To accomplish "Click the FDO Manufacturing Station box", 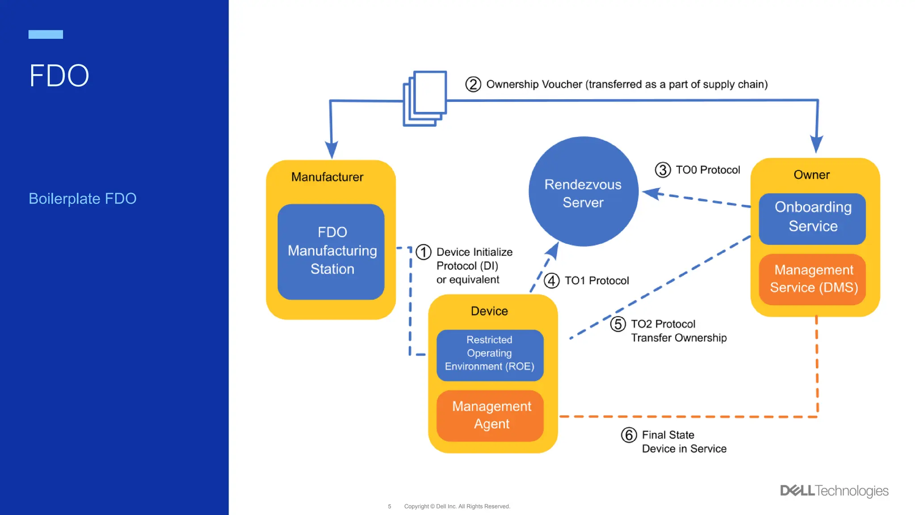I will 331,252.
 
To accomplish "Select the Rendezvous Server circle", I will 583,192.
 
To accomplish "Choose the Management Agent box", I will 491,416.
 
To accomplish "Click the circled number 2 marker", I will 473,84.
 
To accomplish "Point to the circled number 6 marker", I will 629,435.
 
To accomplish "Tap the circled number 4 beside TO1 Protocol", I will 551,281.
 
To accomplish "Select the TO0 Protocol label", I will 708,170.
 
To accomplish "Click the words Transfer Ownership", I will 678,338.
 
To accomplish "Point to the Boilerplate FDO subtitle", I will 83,198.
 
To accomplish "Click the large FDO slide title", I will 59,76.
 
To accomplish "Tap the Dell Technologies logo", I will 834,491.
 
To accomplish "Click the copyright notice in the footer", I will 457,507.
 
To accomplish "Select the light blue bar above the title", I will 46,34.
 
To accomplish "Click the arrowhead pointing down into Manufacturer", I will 332,150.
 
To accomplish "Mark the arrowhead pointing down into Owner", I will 816,144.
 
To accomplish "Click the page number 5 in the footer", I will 390,507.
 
